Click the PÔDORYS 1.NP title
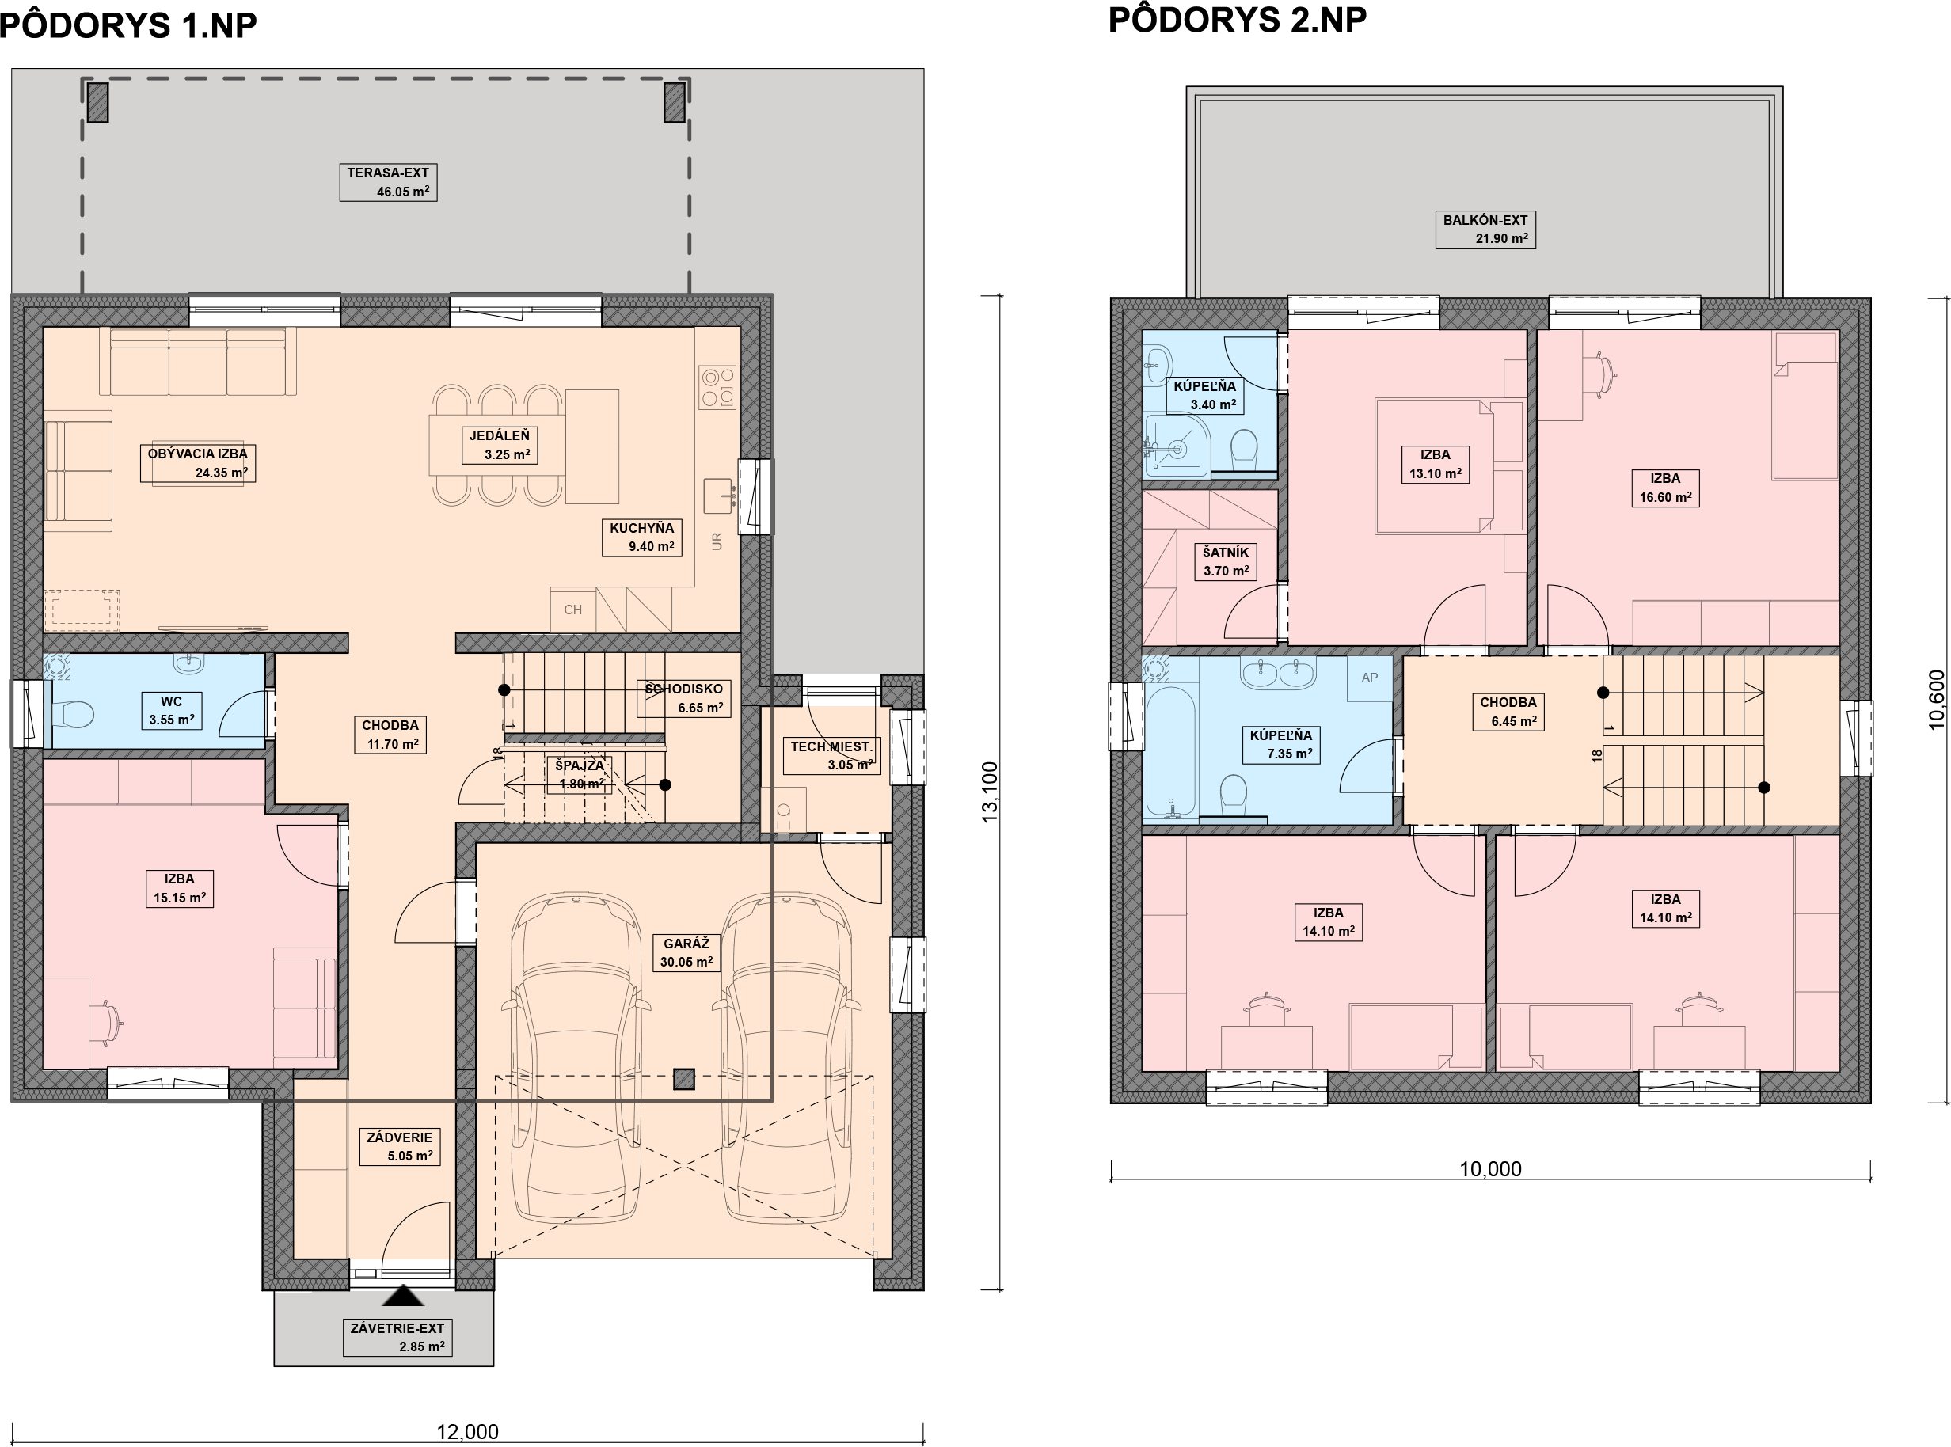pos(129,25)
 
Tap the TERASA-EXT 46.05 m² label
pos(388,182)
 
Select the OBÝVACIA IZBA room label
pos(198,454)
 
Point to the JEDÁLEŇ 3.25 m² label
pos(500,445)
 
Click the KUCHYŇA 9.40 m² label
pos(642,537)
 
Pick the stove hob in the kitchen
pos(717,387)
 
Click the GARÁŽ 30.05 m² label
pos(686,953)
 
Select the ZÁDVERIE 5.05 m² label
pos(400,1146)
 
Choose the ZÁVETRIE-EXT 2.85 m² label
pos(397,1338)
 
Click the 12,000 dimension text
pos(468,1432)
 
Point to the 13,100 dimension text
pos(990,792)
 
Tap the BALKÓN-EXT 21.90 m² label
pos(1485,230)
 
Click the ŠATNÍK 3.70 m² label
pos(1226,561)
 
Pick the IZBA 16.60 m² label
pos(1665,488)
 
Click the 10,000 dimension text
pos(1490,1168)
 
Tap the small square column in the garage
pos(684,1080)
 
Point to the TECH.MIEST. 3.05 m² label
pos(831,756)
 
